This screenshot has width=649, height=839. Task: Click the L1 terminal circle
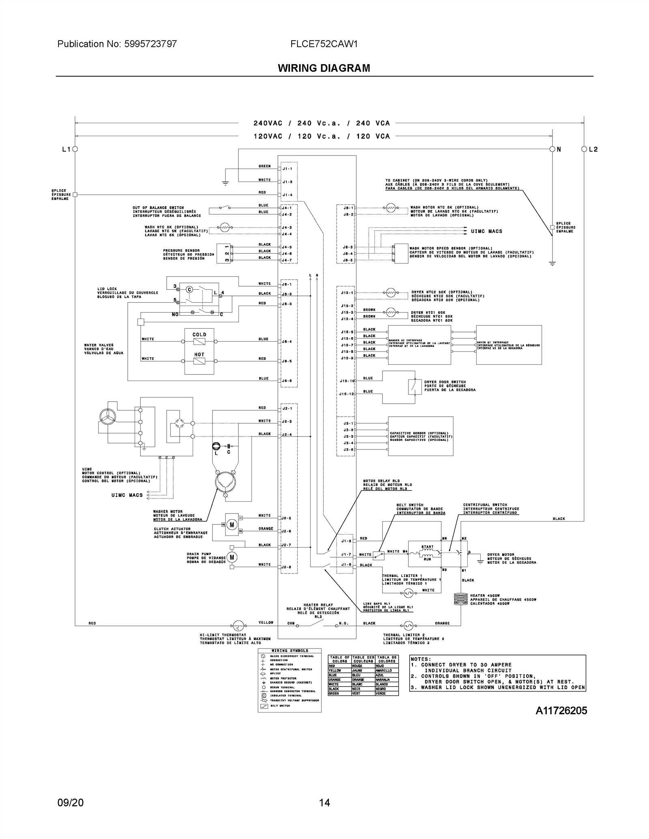point(75,149)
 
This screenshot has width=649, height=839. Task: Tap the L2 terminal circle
point(584,149)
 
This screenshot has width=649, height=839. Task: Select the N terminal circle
point(552,149)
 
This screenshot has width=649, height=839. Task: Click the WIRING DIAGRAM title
point(324,68)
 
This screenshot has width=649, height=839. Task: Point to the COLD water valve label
point(199,335)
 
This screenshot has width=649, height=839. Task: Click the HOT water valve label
point(199,355)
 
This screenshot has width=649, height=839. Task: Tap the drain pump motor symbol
point(232,557)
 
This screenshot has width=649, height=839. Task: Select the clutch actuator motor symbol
point(232,524)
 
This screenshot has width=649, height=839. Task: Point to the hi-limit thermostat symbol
point(238,626)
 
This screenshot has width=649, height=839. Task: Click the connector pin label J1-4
point(287,195)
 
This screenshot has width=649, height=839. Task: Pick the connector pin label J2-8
point(286,567)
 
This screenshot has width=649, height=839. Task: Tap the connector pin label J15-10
point(347,381)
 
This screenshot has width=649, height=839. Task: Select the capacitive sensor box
point(420,436)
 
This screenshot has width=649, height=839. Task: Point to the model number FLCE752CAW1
point(324,44)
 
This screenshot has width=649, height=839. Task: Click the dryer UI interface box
point(509,345)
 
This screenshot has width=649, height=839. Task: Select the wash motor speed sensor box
point(401,253)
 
